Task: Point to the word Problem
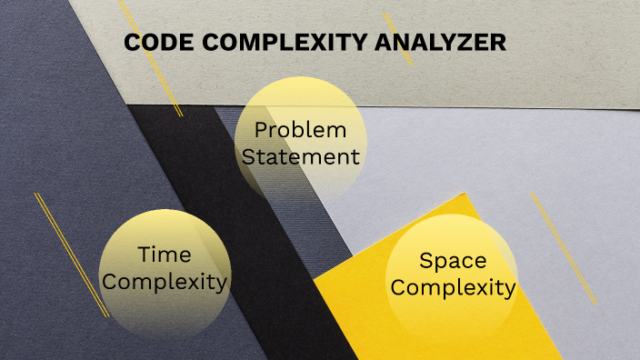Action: tap(300, 130)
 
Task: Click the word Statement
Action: tap(301, 156)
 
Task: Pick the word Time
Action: tap(165, 255)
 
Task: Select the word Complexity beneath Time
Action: tap(165, 282)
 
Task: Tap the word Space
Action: tap(453, 261)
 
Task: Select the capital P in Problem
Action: tap(260, 130)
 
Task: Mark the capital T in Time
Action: tap(144, 255)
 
